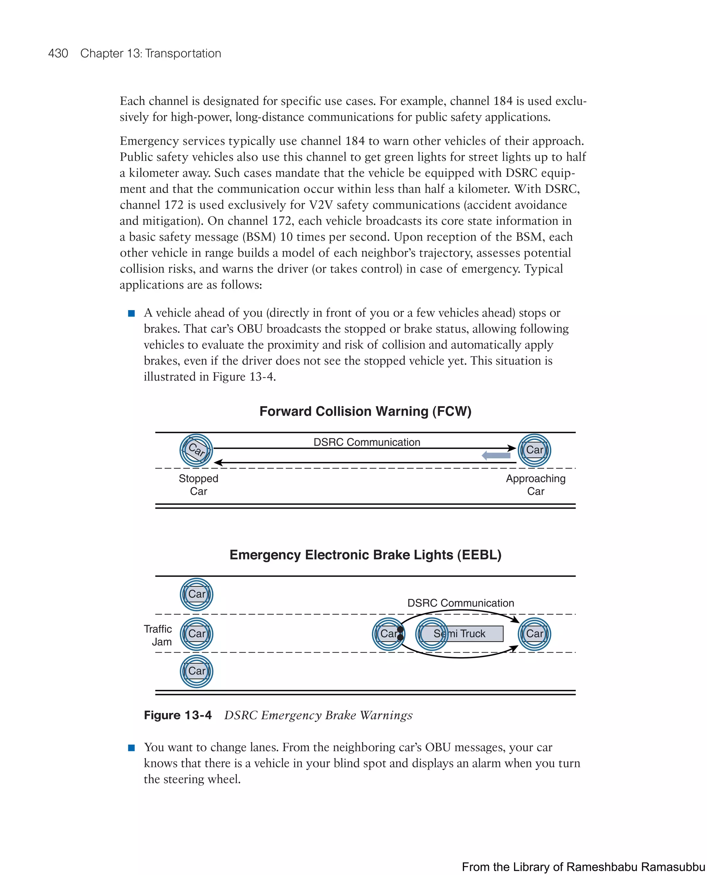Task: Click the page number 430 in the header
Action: point(58,54)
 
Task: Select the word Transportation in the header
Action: point(183,54)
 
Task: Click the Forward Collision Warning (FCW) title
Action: point(365,411)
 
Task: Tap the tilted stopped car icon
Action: point(196,450)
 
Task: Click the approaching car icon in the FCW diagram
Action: point(534,450)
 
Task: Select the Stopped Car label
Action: point(198,484)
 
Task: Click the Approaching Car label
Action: point(535,484)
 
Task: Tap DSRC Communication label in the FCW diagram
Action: point(367,442)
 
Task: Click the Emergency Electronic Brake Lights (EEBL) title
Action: point(365,555)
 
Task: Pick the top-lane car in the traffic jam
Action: point(196,594)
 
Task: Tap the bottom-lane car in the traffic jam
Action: point(196,671)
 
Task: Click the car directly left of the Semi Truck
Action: point(388,634)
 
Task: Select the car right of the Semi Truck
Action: point(534,634)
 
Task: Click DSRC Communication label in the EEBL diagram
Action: point(461,603)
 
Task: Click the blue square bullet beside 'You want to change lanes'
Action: point(131,748)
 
